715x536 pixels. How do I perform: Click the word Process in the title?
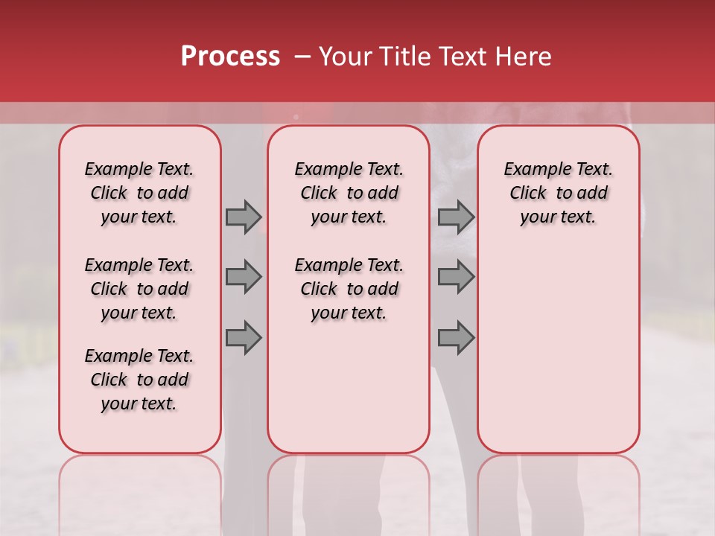[x=230, y=57]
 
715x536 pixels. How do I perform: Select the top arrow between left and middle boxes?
[x=244, y=217]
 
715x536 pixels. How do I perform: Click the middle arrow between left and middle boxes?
[x=244, y=277]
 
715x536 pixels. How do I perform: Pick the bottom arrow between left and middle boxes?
[x=244, y=338]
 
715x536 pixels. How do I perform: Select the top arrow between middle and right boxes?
[x=456, y=217]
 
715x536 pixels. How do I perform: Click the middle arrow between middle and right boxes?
[x=456, y=277]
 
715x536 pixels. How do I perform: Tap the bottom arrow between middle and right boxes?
[x=456, y=338]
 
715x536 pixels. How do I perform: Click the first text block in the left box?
[x=139, y=193]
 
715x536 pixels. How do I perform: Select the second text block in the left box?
[x=139, y=289]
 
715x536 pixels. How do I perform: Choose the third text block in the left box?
[x=139, y=380]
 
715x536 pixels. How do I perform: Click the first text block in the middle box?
[x=349, y=193]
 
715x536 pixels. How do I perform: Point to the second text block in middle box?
[x=349, y=289]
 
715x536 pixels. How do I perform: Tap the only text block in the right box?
[x=558, y=193]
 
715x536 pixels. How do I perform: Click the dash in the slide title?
[x=302, y=57]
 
